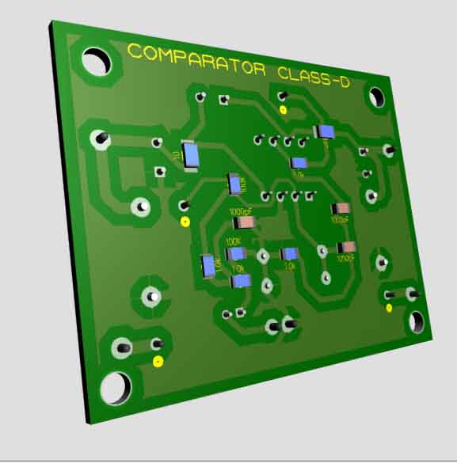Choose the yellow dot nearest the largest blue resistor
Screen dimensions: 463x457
tap(185, 221)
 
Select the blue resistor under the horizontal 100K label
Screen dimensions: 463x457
tap(236, 254)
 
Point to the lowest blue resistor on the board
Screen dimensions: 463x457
tap(242, 281)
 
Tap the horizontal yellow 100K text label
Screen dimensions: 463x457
tap(234, 241)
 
